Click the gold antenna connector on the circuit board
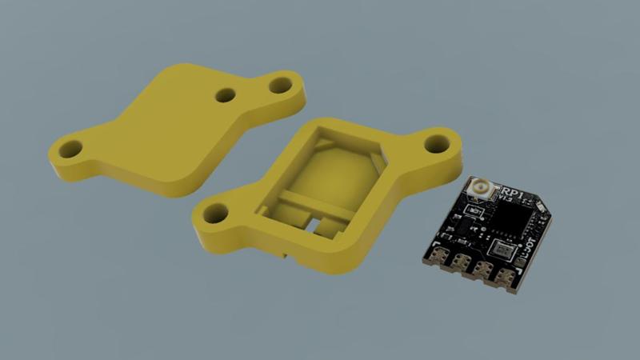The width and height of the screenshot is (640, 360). point(482,189)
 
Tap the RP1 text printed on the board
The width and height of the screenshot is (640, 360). point(512,194)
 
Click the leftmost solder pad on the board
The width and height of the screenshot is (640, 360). point(439,257)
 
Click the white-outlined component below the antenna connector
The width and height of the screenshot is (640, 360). point(475,210)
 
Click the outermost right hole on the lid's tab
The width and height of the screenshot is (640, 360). point(280,83)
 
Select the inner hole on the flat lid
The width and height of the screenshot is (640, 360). point(226,95)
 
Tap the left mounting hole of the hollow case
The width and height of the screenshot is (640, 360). point(214,213)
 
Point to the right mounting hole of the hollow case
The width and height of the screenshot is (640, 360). point(436,144)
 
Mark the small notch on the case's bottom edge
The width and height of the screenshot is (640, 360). point(285,254)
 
